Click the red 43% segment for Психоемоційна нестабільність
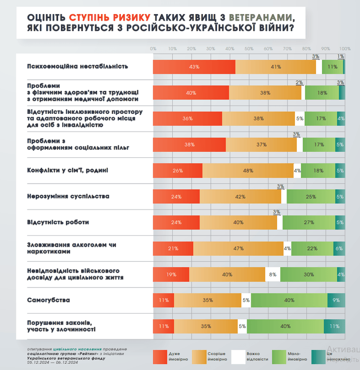coord(194,67)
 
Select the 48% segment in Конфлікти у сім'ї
coord(248,170)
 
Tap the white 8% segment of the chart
coord(273,274)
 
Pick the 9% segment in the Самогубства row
coord(336,300)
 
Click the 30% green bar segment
coord(308,274)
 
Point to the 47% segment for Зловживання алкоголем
coord(238,248)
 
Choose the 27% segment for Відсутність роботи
coord(309,222)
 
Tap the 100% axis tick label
coord(345,49)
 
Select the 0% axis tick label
coord(153,49)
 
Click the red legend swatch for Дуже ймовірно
coord(159,356)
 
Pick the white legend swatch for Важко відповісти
coord(239,356)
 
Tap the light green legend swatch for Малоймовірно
coord(277,356)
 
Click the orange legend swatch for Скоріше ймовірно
coord(199,356)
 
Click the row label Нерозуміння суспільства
coord(67,196)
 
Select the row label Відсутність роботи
coord(58,222)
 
